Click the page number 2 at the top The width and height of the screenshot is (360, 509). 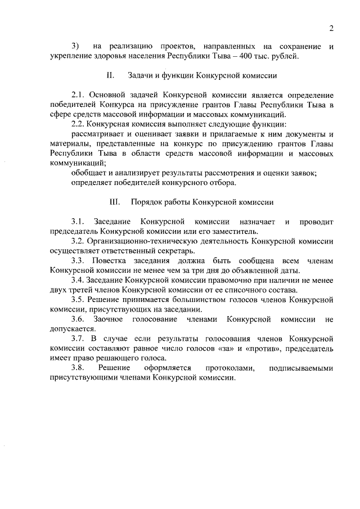[x=331, y=29]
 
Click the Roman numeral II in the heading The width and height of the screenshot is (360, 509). [x=110, y=75]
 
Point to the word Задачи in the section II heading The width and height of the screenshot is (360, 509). [x=143, y=75]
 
